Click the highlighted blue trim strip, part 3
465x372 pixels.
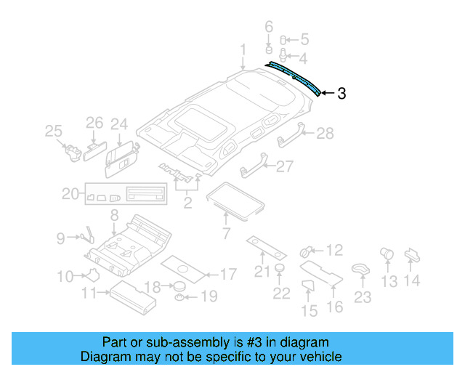click(x=294, y=76)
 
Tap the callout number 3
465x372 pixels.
click(x=341, y=93)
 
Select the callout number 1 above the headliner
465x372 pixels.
click(x=243, y=49)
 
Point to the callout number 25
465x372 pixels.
click(x=53, y=131)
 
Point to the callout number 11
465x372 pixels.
click(x=90, y=293)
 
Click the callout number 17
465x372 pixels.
click(x=228, y=275)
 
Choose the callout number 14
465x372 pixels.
click(x=412, y=281)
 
